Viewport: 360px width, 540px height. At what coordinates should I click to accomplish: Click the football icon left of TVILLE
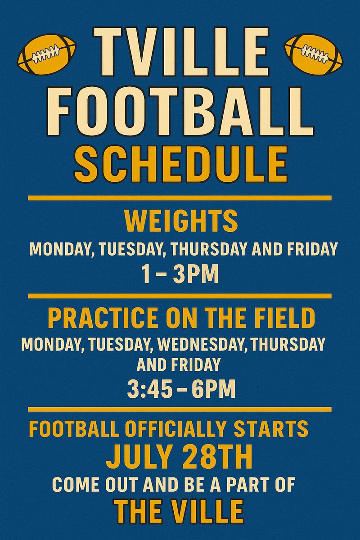point(46,54)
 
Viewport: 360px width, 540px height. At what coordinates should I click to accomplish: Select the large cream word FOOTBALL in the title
point(180,109)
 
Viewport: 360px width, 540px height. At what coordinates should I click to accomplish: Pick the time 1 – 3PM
point(180,273)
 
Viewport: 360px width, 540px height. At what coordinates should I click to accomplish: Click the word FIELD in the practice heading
point(288,318)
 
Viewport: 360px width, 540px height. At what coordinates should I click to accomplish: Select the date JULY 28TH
point(179,457)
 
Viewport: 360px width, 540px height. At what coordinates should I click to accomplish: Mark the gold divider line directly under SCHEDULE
point(180,198)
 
